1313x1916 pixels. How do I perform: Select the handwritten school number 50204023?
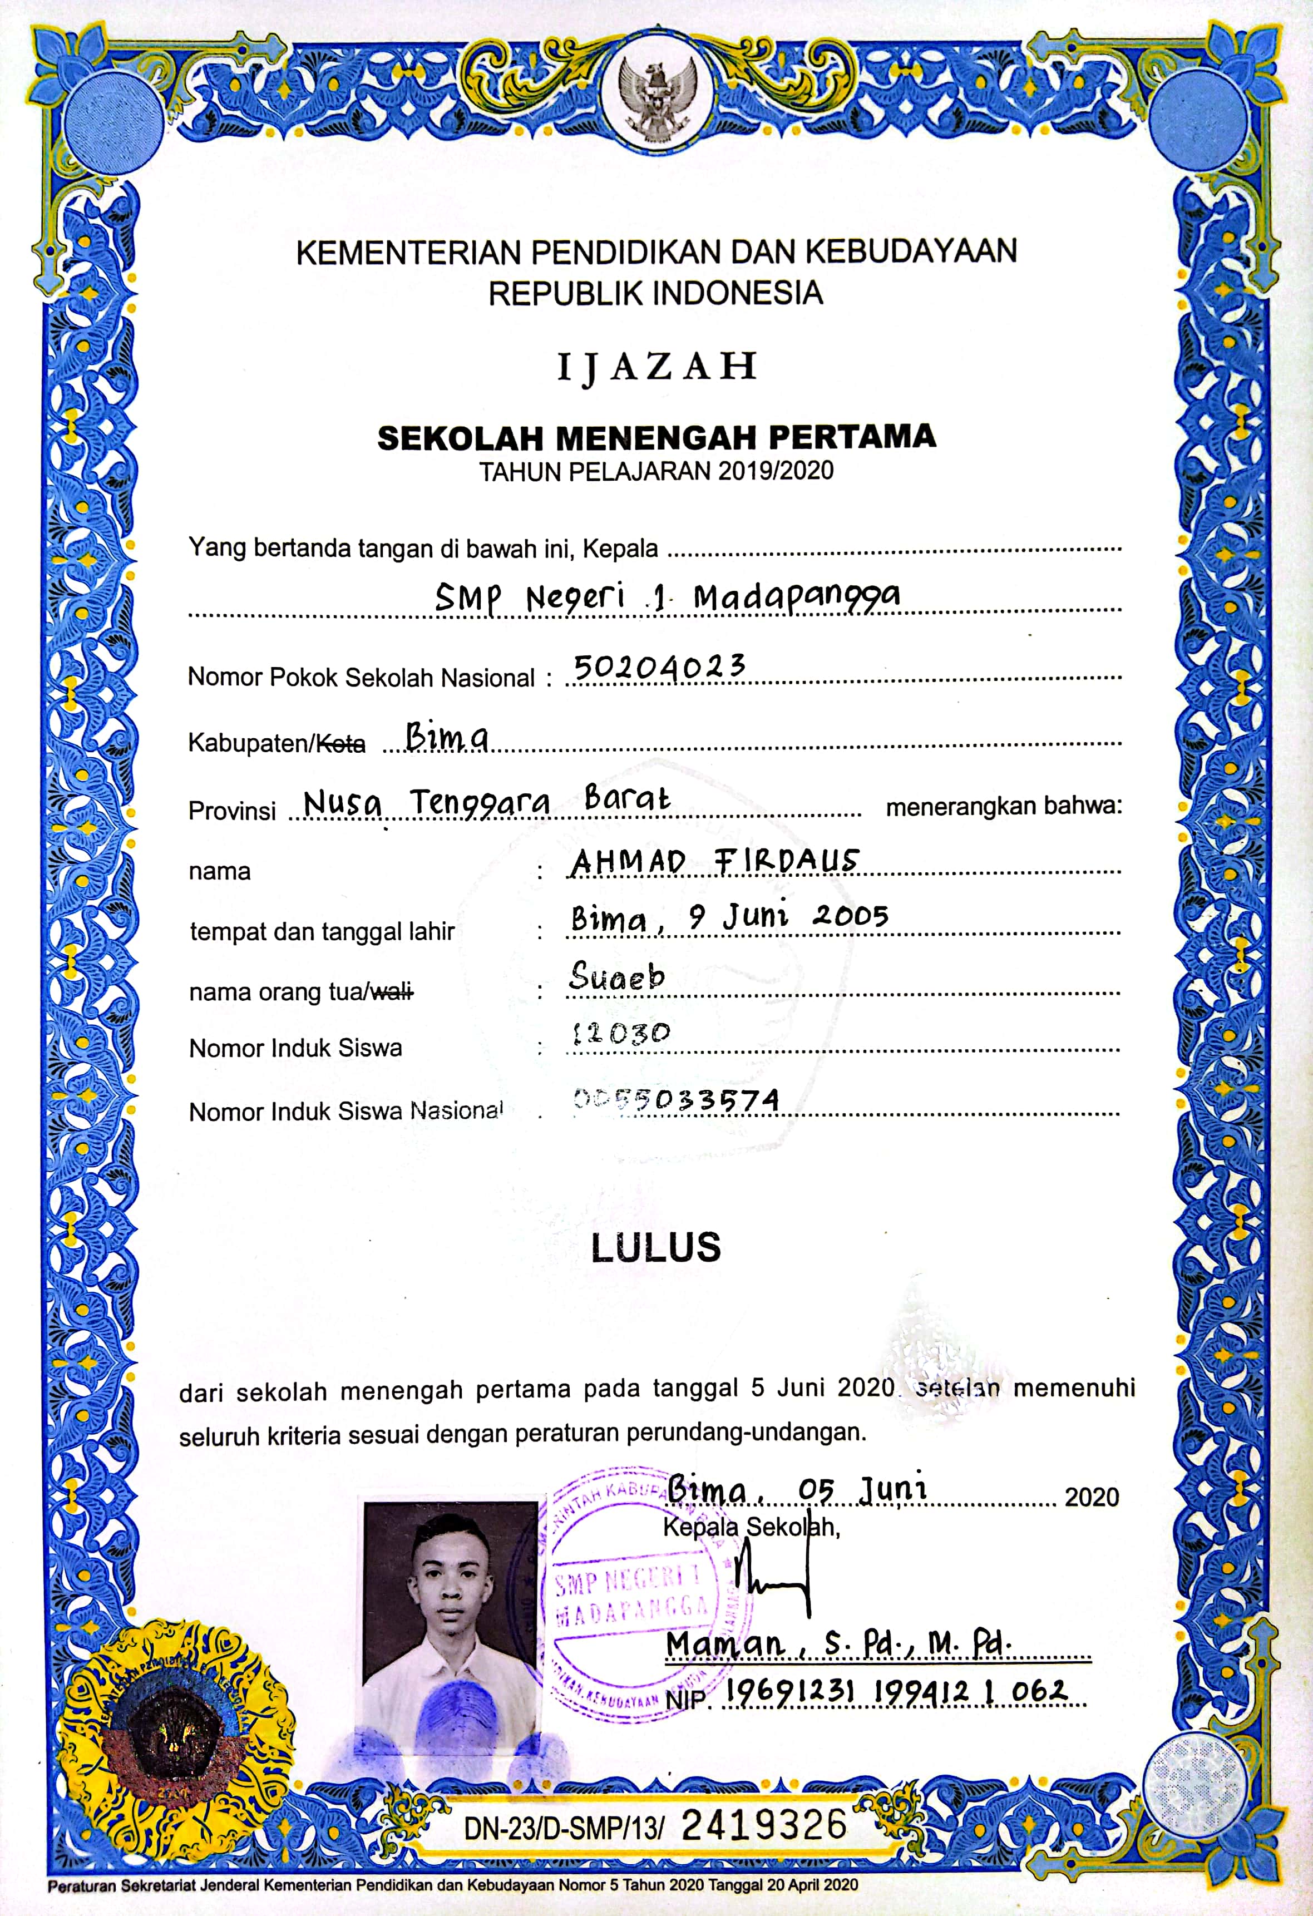659,666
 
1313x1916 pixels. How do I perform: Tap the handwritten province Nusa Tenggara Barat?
486,799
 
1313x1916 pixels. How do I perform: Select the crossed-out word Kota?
341,744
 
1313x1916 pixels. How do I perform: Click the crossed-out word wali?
392,992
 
